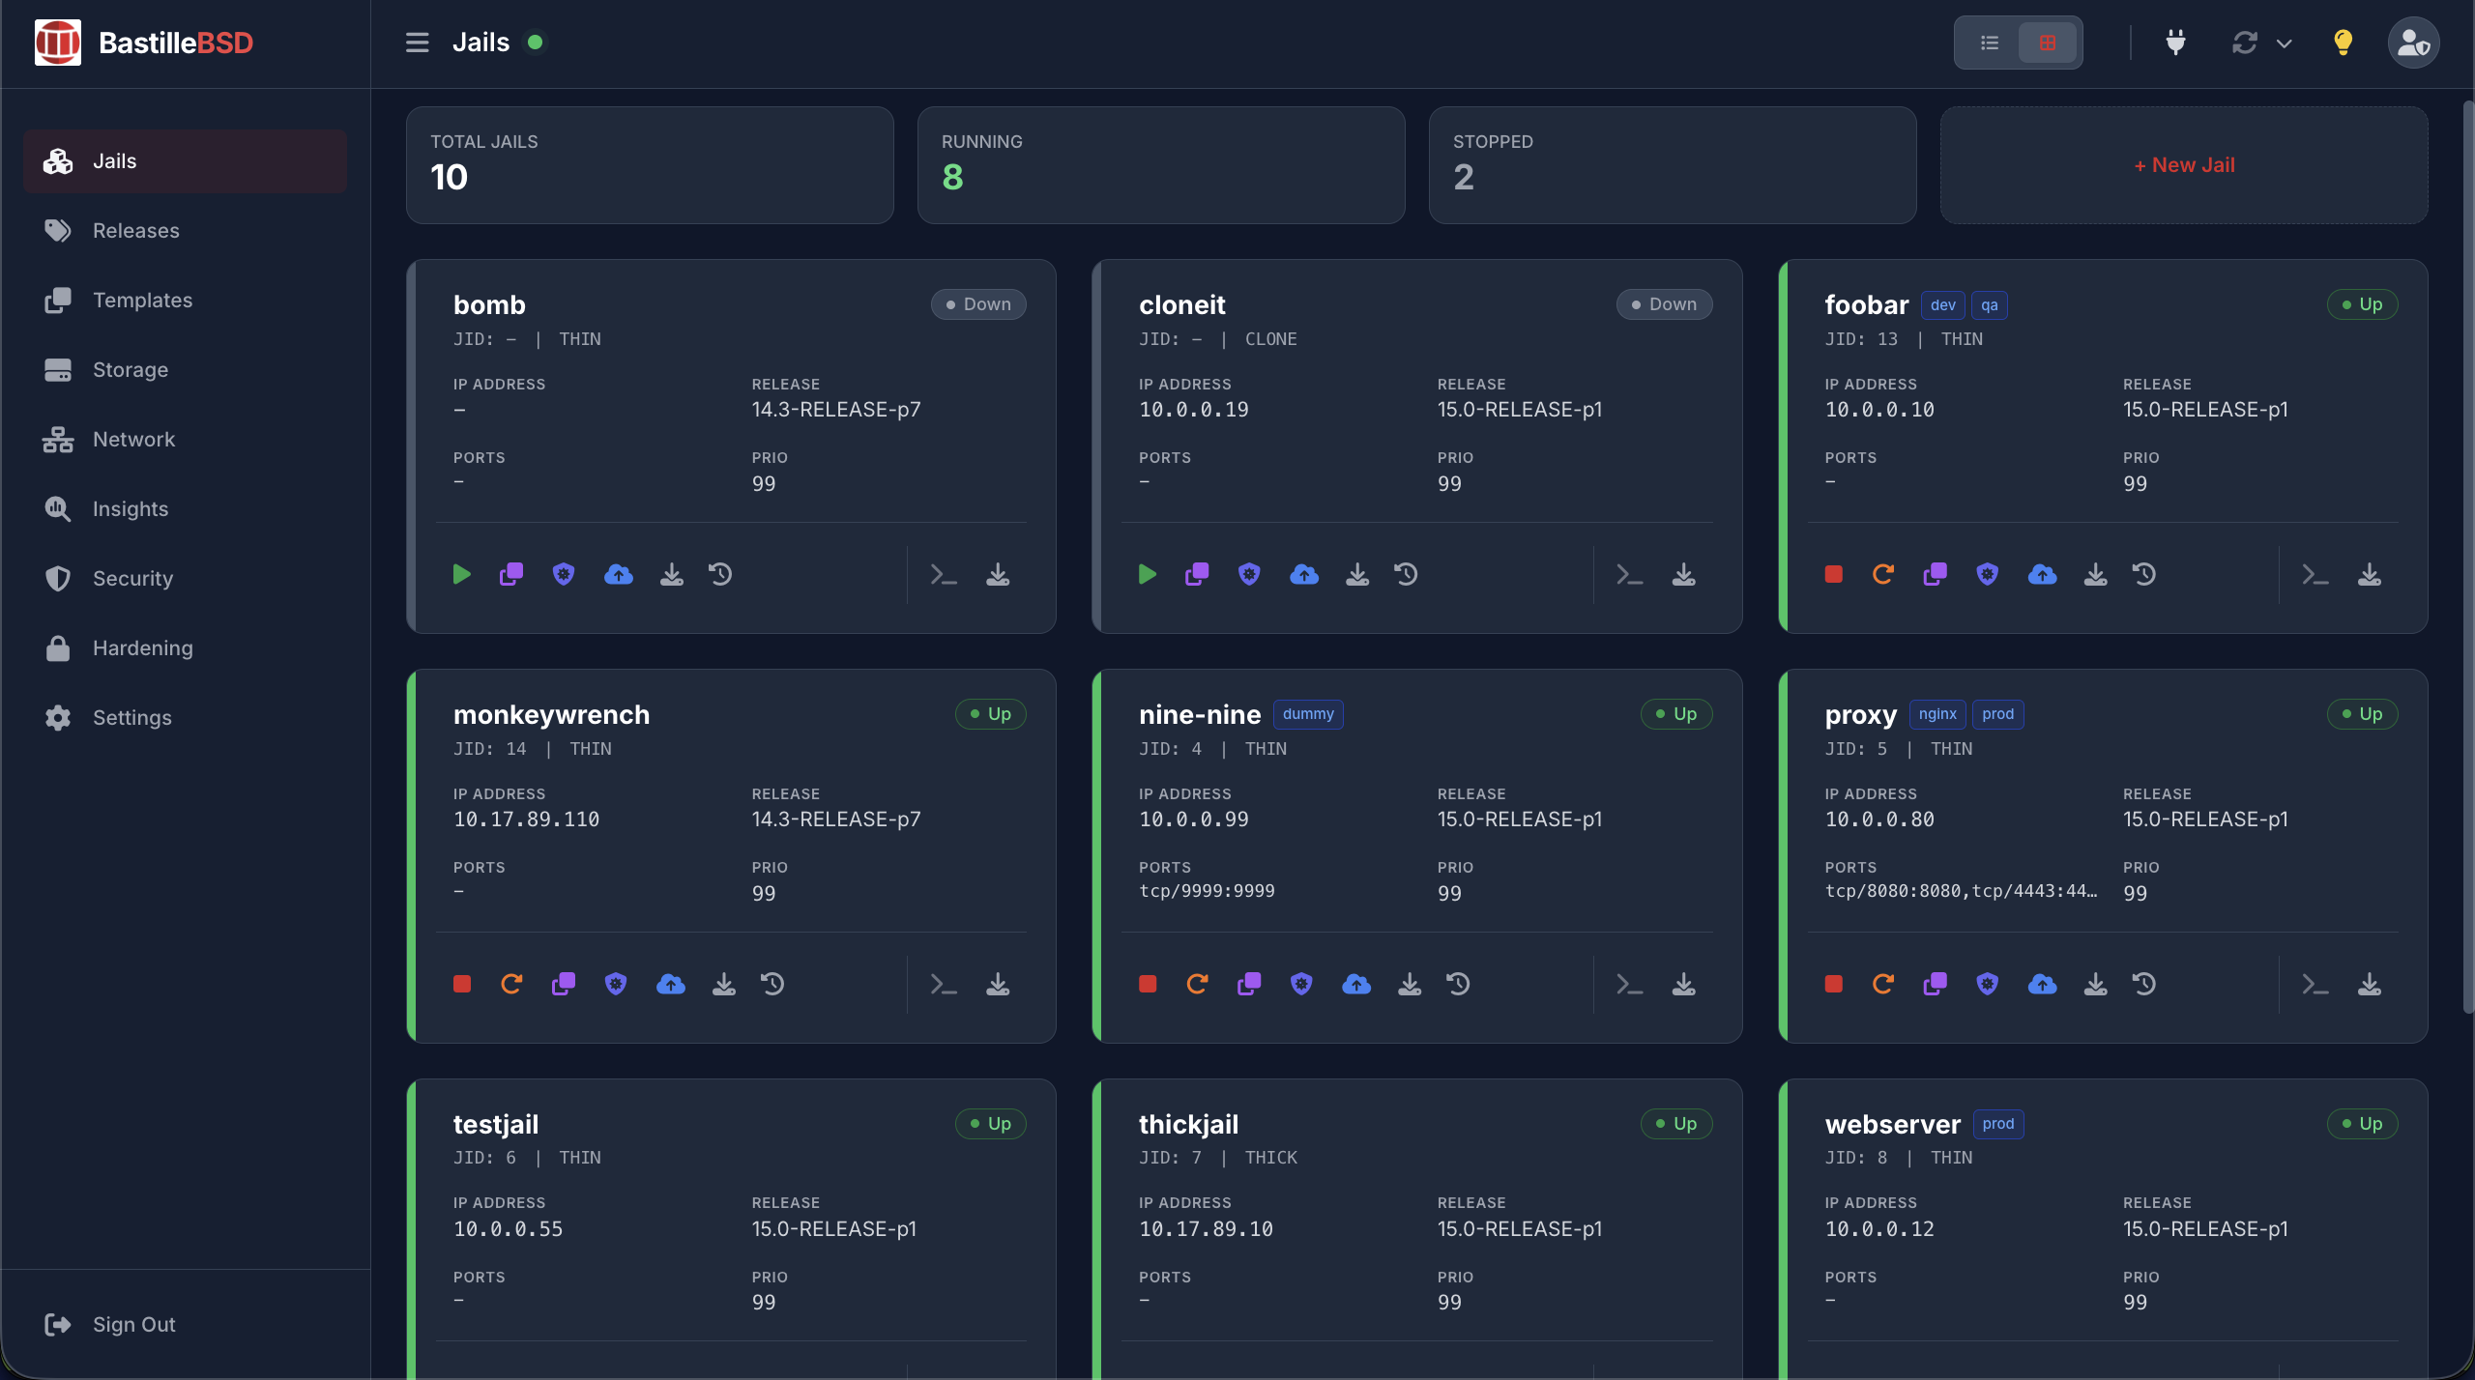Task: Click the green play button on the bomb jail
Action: click(461, 575)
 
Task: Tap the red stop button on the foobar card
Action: click(1833, 575)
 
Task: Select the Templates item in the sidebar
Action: click(142, 301)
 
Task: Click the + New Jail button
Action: click(2184, 165)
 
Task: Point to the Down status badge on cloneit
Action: click(1664, 304)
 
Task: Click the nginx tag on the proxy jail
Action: click(1937, 714)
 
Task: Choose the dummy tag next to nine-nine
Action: click(1308, 714)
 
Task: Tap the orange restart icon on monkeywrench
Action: click(511, 985)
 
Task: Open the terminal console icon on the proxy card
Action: click(2315, 985)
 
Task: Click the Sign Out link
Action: click(133, 1325)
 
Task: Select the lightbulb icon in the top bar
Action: click(2343, 43)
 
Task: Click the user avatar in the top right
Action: click(2413, 43)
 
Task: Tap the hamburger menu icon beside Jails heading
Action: click(417, 43)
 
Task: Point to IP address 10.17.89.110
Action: click(526, 819)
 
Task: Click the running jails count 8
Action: click(952, 178)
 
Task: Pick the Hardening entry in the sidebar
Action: click(142, 648)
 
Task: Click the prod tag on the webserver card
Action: click(1997, 1124)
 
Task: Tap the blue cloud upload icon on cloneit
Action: click(1304, 575)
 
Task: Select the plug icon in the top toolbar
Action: click(2175, 43)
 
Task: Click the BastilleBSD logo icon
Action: click(58, 43)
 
